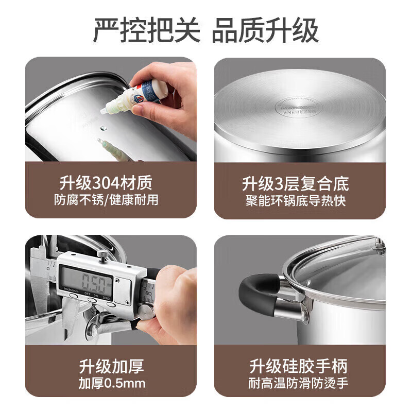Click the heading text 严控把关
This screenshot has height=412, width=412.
pos(146,30)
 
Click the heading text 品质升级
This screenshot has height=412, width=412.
pos(266,30)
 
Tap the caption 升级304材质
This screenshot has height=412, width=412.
pos(111,183)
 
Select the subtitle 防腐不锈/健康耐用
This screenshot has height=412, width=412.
pos(111,200)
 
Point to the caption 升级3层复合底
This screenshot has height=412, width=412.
pos(300,183)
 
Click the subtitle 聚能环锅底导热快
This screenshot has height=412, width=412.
pos(300,200)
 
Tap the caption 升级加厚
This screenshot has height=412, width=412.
pos(111,366)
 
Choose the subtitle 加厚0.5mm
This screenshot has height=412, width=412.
pos(111,383)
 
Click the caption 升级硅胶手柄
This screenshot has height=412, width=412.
pos(300,366)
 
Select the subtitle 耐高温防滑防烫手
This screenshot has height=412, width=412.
pos(300,383)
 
